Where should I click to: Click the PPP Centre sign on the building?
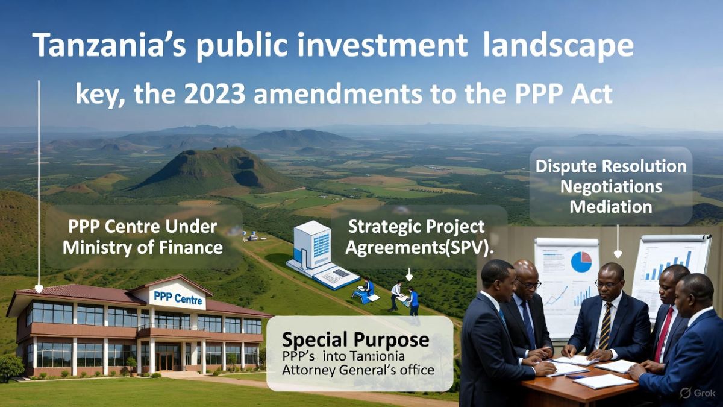pyautogui.click(x=178, y=297)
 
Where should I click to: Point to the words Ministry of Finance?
pyautogui.click(x=143, y=247)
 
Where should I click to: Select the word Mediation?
pyautogui.click(x=611, y=207)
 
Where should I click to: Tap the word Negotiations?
pyautogui.click(x=611, y=186)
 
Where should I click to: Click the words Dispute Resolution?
pyautogui.click(x=611, y=166)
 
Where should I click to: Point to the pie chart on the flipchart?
pyautogui.click(x=581, y=261)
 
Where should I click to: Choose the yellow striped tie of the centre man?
pyautogui.click(x=605, y=326)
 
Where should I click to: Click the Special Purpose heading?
pyautogui.click(x=355, y=339)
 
